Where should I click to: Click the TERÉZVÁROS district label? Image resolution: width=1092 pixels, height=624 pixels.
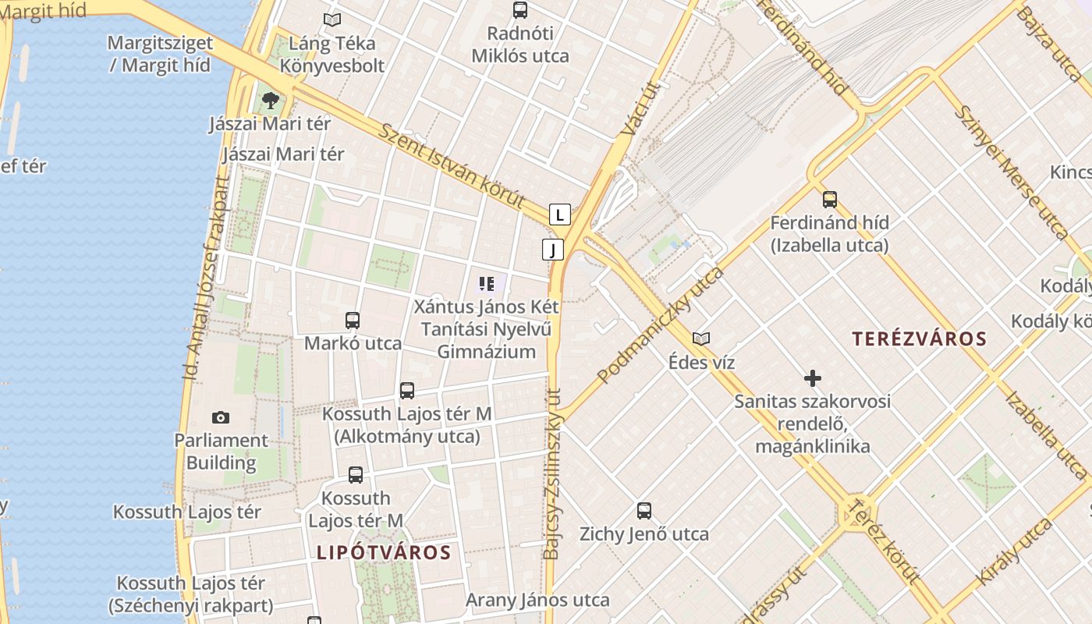919,339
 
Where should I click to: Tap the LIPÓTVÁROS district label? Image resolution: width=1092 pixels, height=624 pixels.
384,552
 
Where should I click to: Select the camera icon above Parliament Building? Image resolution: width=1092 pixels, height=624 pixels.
221,417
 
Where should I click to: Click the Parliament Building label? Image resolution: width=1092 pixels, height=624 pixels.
221,452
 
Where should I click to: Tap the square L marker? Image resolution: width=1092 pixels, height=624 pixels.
559,214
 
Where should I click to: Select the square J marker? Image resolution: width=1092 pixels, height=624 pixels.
553,250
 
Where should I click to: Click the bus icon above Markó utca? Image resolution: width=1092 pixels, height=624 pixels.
353,320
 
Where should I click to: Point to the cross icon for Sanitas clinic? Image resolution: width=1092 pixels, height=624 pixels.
812,378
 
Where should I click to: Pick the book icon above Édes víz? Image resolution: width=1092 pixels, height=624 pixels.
701,339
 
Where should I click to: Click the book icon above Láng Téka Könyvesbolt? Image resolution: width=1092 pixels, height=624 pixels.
332,19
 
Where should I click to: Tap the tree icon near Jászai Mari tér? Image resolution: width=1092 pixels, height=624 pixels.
271,100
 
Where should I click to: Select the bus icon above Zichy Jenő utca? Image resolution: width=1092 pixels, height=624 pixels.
643,511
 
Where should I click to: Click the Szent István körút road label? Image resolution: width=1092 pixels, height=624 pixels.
452,165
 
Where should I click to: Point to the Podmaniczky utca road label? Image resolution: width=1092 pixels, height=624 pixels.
661,324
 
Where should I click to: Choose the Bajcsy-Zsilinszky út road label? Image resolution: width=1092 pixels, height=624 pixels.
552,473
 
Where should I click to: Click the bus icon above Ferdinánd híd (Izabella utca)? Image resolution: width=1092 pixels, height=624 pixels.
829,199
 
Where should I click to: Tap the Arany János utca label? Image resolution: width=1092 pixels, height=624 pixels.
537,600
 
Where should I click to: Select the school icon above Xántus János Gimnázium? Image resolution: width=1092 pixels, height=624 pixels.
487,283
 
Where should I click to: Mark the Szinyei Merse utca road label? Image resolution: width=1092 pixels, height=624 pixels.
1011,172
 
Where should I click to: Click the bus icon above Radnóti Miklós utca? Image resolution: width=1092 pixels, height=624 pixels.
520,10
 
